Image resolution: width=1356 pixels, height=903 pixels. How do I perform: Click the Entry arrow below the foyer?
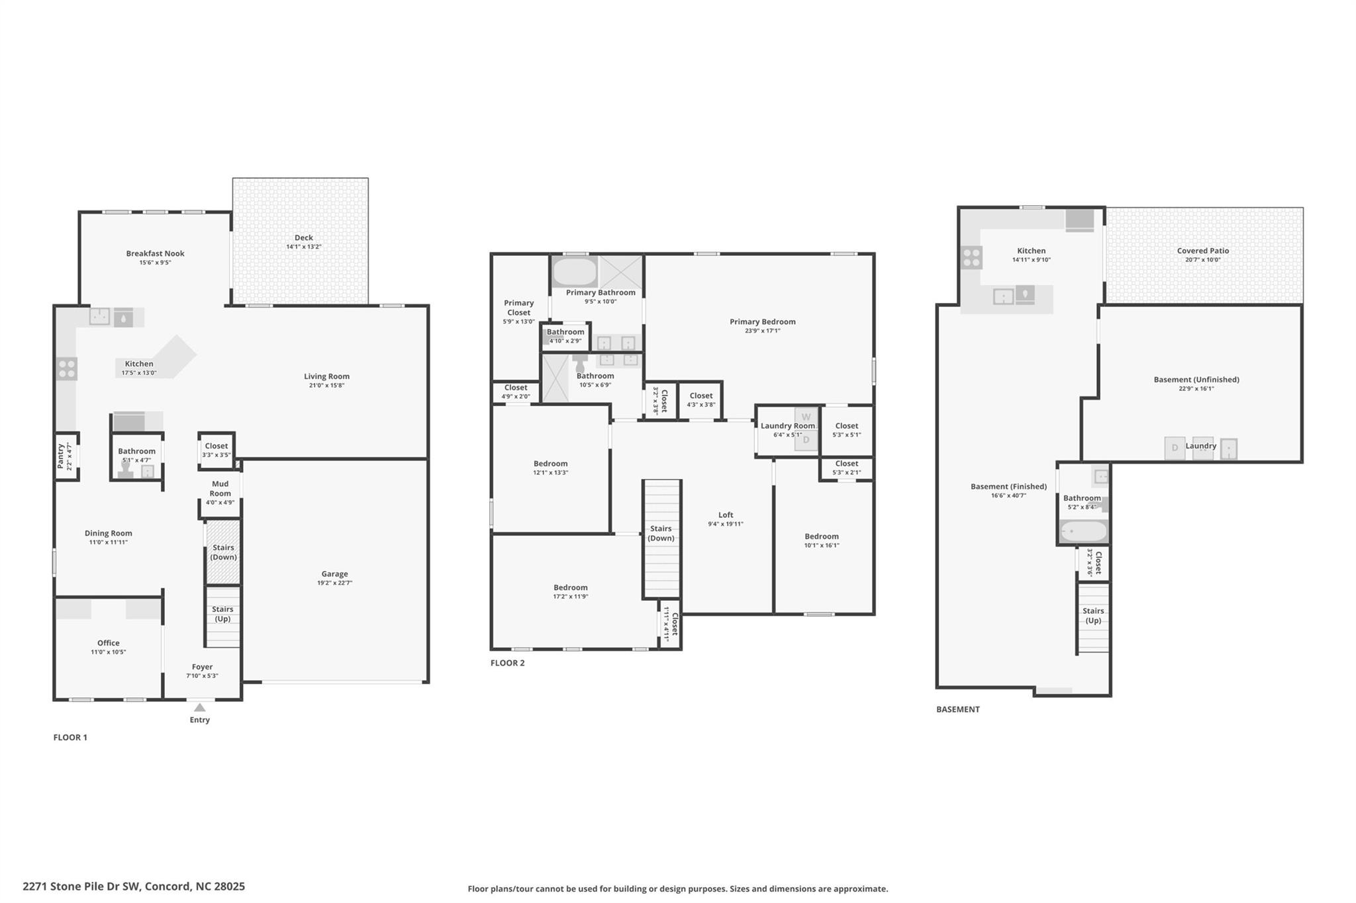pos(199,707)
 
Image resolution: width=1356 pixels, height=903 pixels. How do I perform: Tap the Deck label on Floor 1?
pos(304,237)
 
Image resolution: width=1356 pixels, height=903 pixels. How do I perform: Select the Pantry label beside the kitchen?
pos(61,456)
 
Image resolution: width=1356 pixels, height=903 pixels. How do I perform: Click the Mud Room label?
pos(220,488)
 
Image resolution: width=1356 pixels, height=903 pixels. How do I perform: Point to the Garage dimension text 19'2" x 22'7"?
pos(334,583)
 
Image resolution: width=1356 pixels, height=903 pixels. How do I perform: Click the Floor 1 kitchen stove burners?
pos(67,368)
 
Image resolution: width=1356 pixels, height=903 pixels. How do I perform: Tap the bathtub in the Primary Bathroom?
pos(574,271)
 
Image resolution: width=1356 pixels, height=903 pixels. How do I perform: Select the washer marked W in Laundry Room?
pos(806,417)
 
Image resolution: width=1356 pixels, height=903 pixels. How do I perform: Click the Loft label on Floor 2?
pos(726,515)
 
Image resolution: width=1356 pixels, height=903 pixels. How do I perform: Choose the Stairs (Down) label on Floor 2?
pos(661,533)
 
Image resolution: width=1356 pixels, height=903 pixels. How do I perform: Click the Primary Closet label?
pos(518,308)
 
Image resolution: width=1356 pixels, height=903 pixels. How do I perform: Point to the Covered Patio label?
pos(1202,251)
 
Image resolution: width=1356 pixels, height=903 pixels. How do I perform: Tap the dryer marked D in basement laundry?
pos(1175,448)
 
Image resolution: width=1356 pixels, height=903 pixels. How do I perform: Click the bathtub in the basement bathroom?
pos(1083,531)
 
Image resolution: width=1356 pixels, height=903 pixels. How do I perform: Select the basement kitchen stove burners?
pos(971,257)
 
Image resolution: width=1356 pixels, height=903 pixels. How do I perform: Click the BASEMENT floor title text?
pos(957,709)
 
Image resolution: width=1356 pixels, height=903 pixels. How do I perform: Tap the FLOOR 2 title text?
pos(507,663)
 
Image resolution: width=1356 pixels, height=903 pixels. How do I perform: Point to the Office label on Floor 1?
pos(109,642)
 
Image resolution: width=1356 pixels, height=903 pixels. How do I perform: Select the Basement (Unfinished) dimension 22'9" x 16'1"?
pos(1196,389)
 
